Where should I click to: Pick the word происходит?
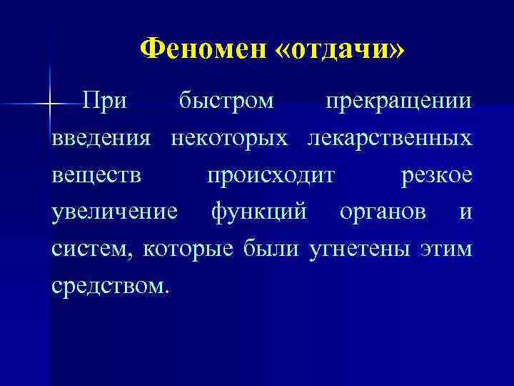pos(270,176)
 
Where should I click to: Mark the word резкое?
pos(436,176)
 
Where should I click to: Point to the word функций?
pos(259,213)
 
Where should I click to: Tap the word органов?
pos(383,213)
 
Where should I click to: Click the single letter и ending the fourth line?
pos(466,213)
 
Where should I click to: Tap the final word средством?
pos(111,287)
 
